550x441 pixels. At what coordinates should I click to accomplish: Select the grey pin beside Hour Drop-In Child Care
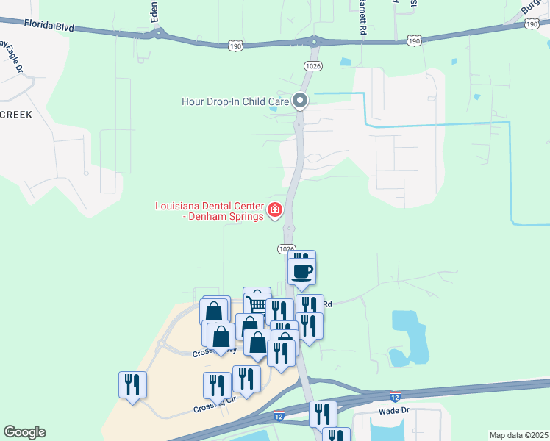coord(300,101)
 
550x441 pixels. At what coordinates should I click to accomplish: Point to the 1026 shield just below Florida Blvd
coord(312,65)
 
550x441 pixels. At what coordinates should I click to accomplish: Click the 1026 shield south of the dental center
coord(287,249)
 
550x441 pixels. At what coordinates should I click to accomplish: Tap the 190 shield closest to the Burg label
coord(532,24)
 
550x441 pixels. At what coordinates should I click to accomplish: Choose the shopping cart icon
coord(258,304)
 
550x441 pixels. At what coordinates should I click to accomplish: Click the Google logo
coord(24,432)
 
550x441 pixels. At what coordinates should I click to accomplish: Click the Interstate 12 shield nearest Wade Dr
coord(395,397)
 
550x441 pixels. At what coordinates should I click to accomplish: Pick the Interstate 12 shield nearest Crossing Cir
coord(279,416)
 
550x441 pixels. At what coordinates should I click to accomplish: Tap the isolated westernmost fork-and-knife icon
coord(132,384)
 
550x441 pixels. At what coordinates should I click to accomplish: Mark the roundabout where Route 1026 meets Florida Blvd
coord(315,40)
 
